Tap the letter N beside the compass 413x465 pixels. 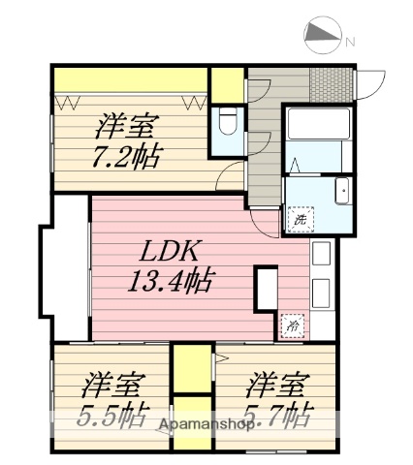(x=351, y=43)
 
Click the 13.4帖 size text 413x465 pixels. (x=171, y=284)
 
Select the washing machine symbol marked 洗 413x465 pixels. (x=301, y=220)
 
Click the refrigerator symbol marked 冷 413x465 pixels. (x=291, y=328)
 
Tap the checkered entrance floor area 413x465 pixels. (x=330, y=82)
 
